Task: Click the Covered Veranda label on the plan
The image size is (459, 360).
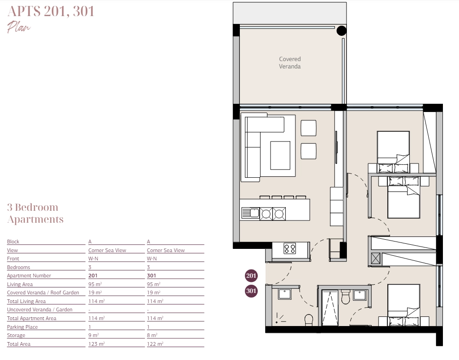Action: (x=289, y=62)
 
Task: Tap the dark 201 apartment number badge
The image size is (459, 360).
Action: (x=251, y=276)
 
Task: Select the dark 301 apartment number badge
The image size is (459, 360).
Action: (x=251, y=291)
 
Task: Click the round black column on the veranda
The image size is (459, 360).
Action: (x=341, y=30)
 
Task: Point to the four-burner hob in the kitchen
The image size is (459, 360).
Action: (x=290, y=248)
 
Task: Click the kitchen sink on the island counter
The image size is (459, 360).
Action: (x=250, y=213)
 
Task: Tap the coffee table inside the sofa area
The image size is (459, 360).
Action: (x=280, y=156)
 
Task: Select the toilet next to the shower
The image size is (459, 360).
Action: (x=346, y=297)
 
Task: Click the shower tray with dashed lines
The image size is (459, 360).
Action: (x=330, y=308)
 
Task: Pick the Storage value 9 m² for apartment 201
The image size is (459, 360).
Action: (x=94, y=335)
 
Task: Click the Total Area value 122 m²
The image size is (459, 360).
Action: (x=155, y=344)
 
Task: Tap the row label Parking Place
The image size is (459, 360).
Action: (x=22, y=327)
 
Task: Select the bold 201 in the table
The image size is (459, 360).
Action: (x=93, y=276)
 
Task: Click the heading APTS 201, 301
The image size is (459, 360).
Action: (x=51, y=11)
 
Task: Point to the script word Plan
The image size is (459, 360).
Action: (x=19, y=27)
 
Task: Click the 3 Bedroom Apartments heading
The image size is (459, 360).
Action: (x=35, y=213)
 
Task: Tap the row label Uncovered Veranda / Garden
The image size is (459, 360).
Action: (x=40, y=309)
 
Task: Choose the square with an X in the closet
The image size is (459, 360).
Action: (x=375, y=259)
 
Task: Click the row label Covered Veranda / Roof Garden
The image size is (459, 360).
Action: (x=43, y=292)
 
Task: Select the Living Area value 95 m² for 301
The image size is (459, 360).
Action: (x=153, y=284)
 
